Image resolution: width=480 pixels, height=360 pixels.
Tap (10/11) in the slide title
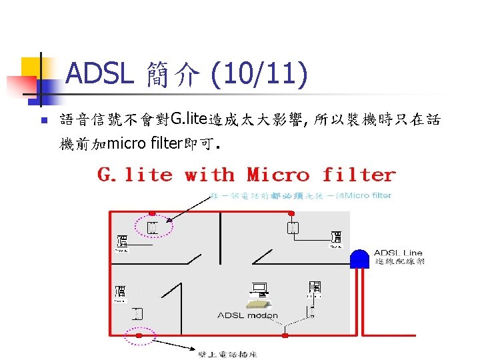pos(259,75)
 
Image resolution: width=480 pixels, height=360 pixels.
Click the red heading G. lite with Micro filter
pos(247,175)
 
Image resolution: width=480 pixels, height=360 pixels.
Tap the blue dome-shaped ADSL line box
pos(360,259)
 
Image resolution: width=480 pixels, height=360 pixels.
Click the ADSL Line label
pos(398,253)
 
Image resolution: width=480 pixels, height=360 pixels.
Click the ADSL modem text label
pos(247,315)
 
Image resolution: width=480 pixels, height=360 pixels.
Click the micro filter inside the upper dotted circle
pos(152,228)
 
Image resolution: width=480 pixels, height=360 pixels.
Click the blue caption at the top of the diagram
pos(300,195)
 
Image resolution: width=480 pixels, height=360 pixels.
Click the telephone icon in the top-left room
pos(121,242)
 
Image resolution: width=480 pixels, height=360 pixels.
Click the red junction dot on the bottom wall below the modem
pos(285,329)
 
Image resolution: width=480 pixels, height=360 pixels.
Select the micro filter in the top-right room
pos(292,229)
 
